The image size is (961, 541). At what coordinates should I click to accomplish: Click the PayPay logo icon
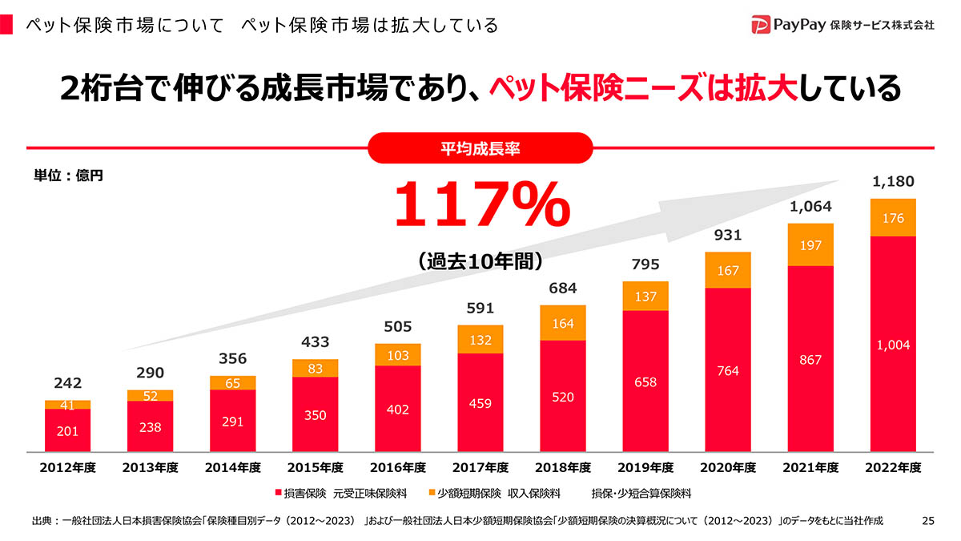[761, 25]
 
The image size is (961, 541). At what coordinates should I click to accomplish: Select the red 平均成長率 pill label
[480, 148]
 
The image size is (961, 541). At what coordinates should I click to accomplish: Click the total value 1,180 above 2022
[893, 181]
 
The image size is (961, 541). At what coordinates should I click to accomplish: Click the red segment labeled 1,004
[893, 345]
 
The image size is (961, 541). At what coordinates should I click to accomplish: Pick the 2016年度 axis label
[397, 467]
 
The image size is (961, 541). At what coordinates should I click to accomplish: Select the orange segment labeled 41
[67, 405]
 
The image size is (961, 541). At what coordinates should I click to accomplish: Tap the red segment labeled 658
[645, 382]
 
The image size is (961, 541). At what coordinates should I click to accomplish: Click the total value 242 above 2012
[67, 383]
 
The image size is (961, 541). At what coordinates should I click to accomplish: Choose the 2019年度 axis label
[645, 467]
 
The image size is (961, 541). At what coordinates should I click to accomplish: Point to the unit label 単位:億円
[68, 175]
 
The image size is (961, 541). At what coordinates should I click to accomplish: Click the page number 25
[928, 521]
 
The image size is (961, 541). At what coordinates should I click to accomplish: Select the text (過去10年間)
[480, 260]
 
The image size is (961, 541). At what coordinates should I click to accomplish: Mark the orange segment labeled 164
[562, 323]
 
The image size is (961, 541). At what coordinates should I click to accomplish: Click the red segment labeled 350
[315, 415]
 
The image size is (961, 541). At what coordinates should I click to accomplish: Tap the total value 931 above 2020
[728, 235]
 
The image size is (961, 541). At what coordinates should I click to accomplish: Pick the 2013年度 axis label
[150, 467]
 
